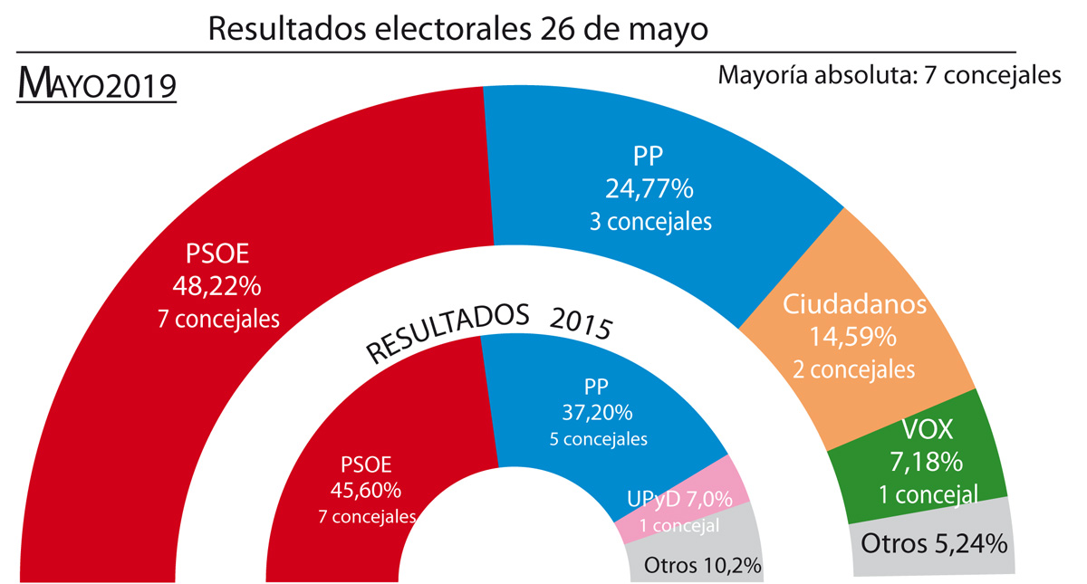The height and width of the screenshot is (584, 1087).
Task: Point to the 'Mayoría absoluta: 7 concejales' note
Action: [889, 75]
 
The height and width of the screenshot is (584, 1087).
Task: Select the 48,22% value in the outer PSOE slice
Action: [216, 286]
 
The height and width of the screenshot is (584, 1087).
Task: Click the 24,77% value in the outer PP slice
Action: [649, 189]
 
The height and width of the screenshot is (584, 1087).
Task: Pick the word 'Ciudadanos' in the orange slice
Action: [854, 303]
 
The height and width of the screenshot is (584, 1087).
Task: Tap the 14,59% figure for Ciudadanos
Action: [854, 338]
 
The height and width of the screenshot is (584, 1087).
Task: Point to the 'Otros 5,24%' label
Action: [933, 544]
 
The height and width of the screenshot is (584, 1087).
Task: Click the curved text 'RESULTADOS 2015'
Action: [488, 332]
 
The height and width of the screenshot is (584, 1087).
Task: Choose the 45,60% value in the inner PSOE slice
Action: [366, 490]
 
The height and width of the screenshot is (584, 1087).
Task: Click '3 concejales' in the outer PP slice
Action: [650, 221]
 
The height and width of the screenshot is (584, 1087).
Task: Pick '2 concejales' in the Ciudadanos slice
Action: [854, 369]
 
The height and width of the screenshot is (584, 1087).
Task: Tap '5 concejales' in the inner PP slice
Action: [598, 440]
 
